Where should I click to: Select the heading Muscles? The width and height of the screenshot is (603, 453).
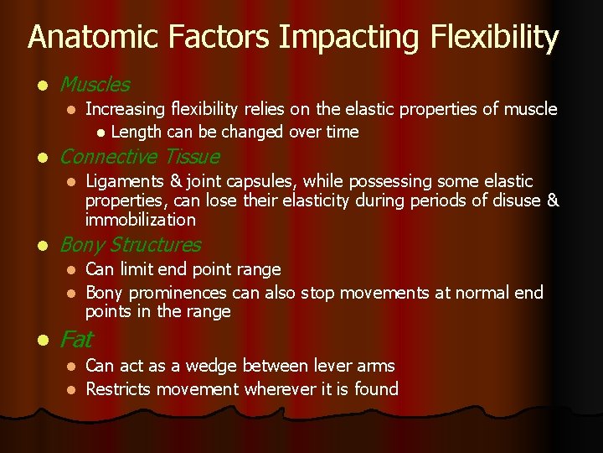tap(95, 85)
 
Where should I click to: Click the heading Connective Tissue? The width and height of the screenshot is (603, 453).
tap(139, 157)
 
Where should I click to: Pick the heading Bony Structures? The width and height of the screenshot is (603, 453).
tap(130, 245)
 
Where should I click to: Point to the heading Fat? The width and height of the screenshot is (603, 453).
tap(76, 340)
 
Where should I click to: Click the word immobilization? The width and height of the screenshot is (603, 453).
tap(140, 220)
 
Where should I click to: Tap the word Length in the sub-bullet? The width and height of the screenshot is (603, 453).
tap(137, 132)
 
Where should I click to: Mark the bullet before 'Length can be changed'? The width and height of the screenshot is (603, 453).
tap(100, 132)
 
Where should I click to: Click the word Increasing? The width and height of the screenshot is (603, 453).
tap(125, 109)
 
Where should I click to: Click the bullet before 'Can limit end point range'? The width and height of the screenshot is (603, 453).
tap(72, 269)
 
